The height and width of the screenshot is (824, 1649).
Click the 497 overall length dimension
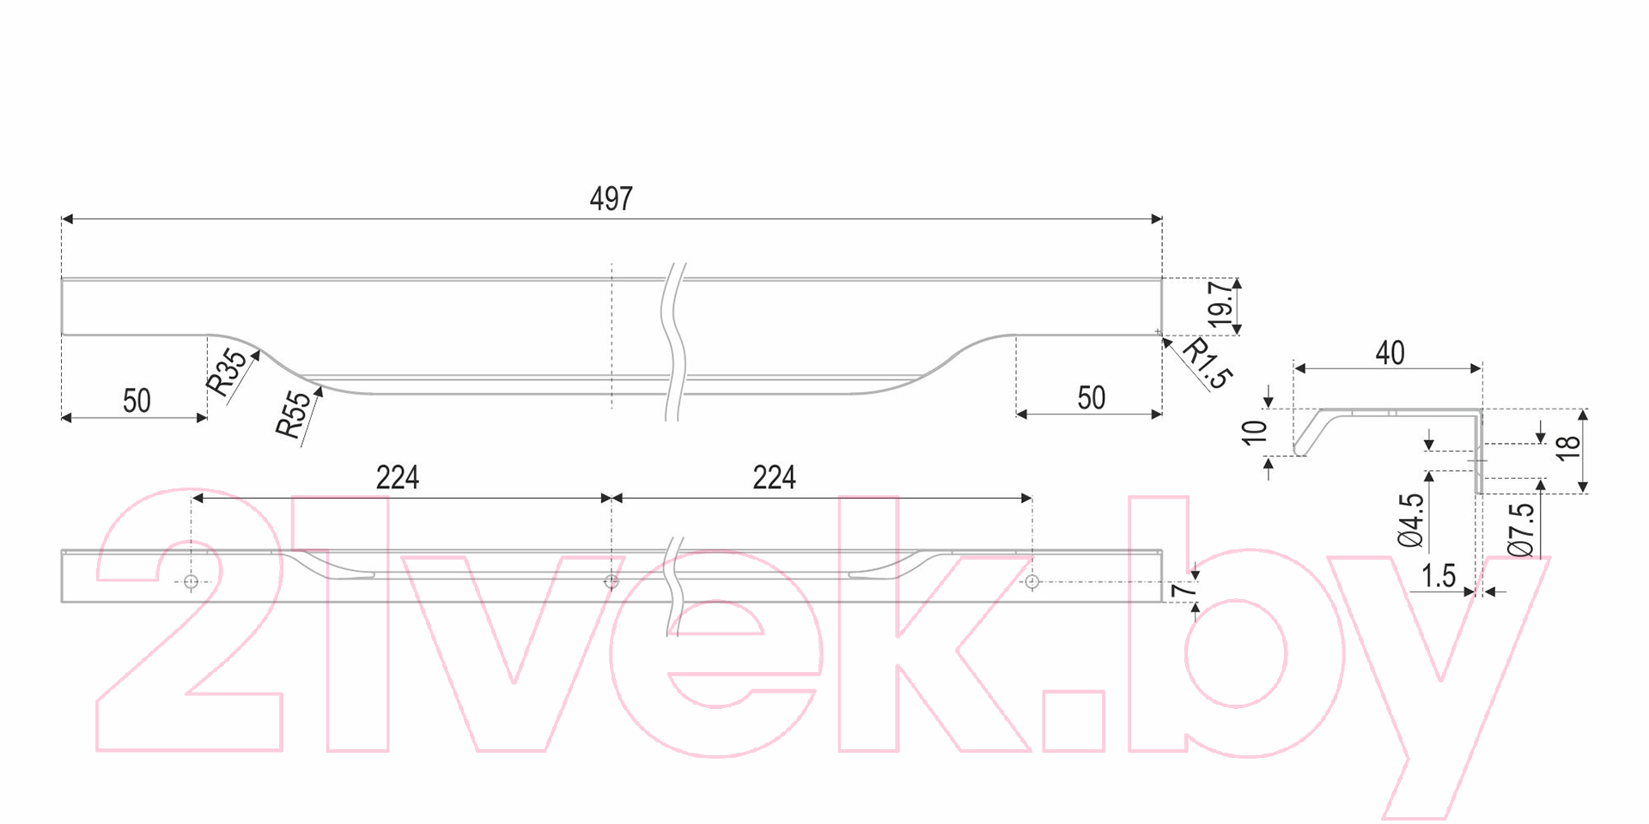pyautogui.click(x=612, y=199)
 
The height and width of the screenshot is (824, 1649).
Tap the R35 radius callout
pyautogui.click(x=228, y=372)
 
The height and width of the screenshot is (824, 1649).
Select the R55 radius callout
pyautogui.click(x=294, y=415)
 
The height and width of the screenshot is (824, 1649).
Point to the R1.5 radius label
pyautogui.click(x=1208, y=363)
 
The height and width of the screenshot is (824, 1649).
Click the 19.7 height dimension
pyautogui.click(x=1220, y=305)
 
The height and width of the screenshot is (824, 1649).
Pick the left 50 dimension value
pyautogui.click(x=137, y=401)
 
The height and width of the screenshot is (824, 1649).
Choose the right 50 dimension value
pyautogui.click(x=1092, y=398)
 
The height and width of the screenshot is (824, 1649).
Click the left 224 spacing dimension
pyautogui.click(x=398, y=477)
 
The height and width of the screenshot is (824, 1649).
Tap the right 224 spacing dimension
pyautogui.click(x=775, y=477)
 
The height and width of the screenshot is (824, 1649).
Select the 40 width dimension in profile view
pyautogui.click(x=1390, y=353)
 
